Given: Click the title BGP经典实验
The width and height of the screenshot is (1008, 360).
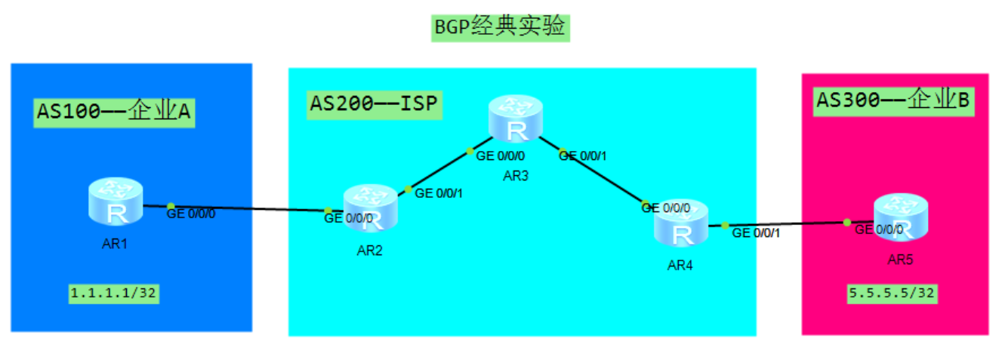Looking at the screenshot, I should [500, 27].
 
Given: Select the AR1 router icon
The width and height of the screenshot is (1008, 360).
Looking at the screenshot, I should [115, 202].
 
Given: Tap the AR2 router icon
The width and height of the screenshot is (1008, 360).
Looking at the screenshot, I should [370, 208].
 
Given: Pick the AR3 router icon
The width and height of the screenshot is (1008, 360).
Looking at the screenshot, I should [516, 119].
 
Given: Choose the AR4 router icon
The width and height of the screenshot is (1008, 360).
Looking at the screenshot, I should [682, 223].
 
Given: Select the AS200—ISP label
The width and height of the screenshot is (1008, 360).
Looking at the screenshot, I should [374, 103].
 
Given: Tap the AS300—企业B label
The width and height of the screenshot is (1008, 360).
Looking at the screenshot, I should [892, 99].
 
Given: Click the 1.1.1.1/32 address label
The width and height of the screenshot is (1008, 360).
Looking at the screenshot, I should [114, 294].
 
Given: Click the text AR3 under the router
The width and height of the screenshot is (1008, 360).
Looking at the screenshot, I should [516, 176].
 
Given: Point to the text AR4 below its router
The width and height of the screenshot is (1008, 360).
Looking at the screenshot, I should [680, 266].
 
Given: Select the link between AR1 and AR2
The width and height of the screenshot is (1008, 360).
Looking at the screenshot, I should [249, 208].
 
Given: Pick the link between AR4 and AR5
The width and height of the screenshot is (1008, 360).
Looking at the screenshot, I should [785, 224].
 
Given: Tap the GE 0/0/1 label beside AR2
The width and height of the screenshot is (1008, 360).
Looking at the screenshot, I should [439, 193].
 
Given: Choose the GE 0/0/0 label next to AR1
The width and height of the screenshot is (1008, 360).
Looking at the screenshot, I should [191, 214].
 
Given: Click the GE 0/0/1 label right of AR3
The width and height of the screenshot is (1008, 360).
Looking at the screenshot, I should [583, 156].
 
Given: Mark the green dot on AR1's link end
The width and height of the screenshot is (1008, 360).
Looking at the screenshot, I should [171, 206].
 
